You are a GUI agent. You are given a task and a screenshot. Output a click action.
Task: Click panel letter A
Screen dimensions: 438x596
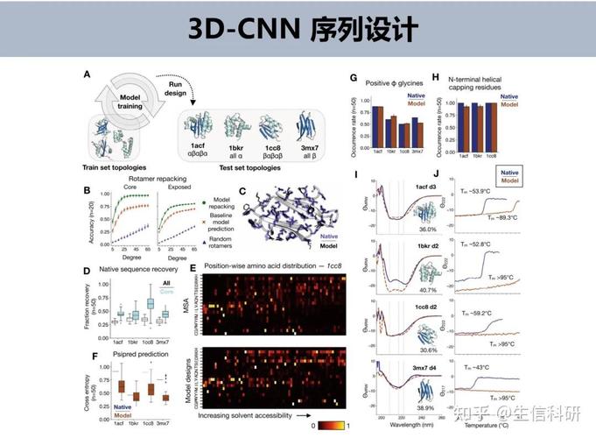tap(87, 76)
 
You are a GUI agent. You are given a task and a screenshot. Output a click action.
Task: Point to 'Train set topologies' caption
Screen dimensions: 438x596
tap(121, 166)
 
